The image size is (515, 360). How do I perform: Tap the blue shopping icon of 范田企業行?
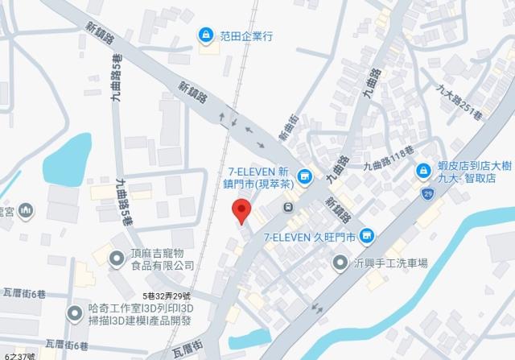(x=207, y=35)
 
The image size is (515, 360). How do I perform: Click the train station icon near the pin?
(x=287, y=208)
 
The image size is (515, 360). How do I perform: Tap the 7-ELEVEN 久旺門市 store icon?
(x=368, y=235)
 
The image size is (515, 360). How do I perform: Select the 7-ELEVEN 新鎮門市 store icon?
(x=305, y=176)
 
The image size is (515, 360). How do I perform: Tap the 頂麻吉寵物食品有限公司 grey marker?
(x=118, y=258)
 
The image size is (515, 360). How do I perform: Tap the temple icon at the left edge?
(x=27, y=210)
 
